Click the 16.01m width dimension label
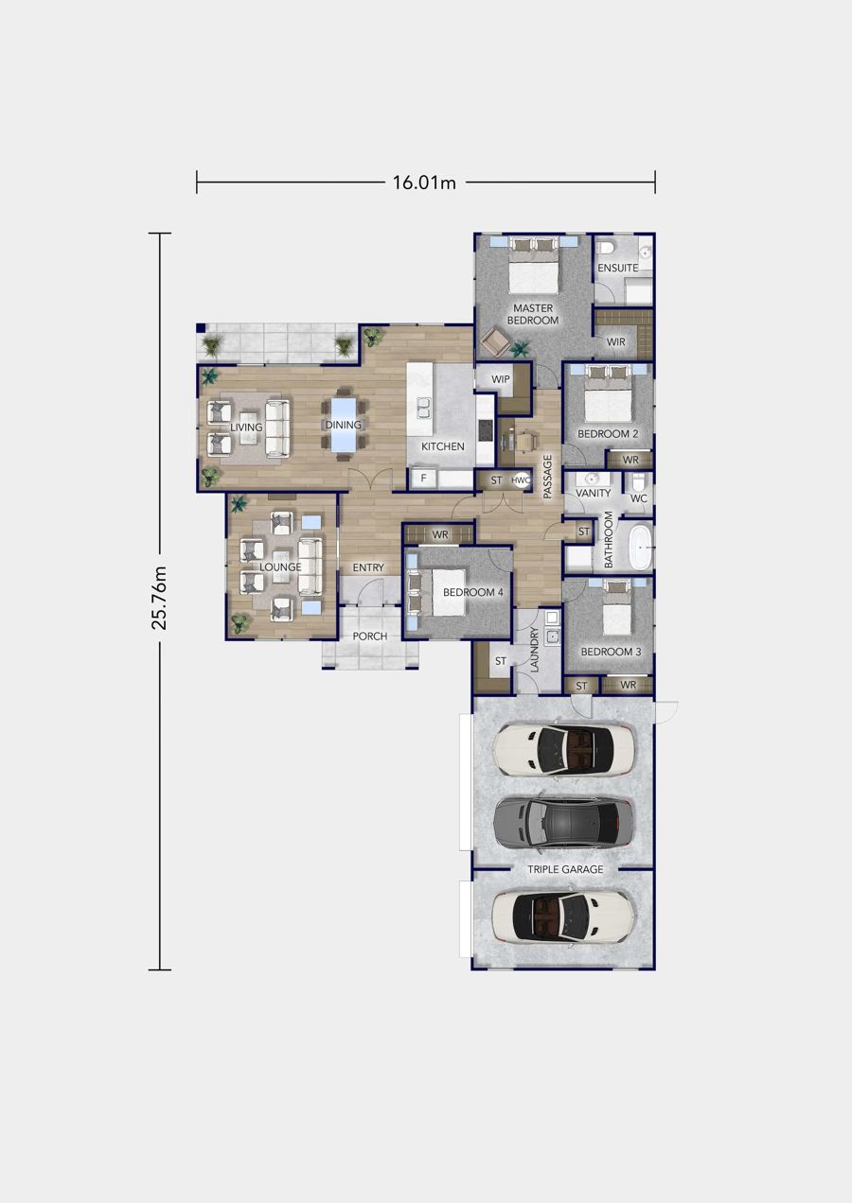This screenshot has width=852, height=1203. pyautogui.click(x=424, y=183)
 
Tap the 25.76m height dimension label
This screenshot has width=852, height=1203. pyautogui.click(x=160, y=597)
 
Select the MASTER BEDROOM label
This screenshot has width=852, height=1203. pyautogui.click(x=533, y=314)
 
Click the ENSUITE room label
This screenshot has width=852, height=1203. pyautogui.click(x=618, y=268)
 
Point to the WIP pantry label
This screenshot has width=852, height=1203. pyautogui.click(x=501, y=379)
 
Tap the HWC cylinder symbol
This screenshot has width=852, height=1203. pyautogui.click(x=521, y=480)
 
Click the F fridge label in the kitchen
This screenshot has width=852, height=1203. pyautogui.click(x=423, y=478)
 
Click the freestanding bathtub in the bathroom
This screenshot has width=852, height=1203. pyautogui.click(x=640, y=548)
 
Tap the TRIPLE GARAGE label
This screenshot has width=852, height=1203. pyautogui.click(x=565, y=869)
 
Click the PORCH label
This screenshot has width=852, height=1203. pyautogui.click(x=370, y=636)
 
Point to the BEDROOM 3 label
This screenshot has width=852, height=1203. pyautogui.click(x=611, y=652)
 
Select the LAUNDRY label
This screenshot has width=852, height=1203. pyautogui.click(x=534, y=650)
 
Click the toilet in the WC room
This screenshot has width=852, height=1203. pyautogui.click(x=638, y=479)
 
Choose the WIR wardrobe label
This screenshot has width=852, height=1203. pyautogui.click(x=616, y=341)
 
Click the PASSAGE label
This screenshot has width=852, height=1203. pyautogui.click(x=548, y=477)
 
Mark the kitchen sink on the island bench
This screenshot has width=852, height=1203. pyautogui.click(x=422, y=407)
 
